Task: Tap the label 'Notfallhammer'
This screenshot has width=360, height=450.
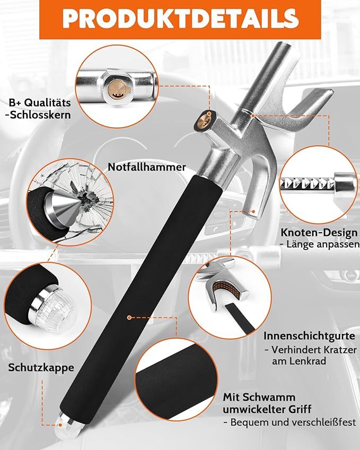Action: pos(147,167)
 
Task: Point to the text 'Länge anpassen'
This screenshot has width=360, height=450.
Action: pos(322,245)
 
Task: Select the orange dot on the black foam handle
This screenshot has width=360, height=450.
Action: pos(129,317)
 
